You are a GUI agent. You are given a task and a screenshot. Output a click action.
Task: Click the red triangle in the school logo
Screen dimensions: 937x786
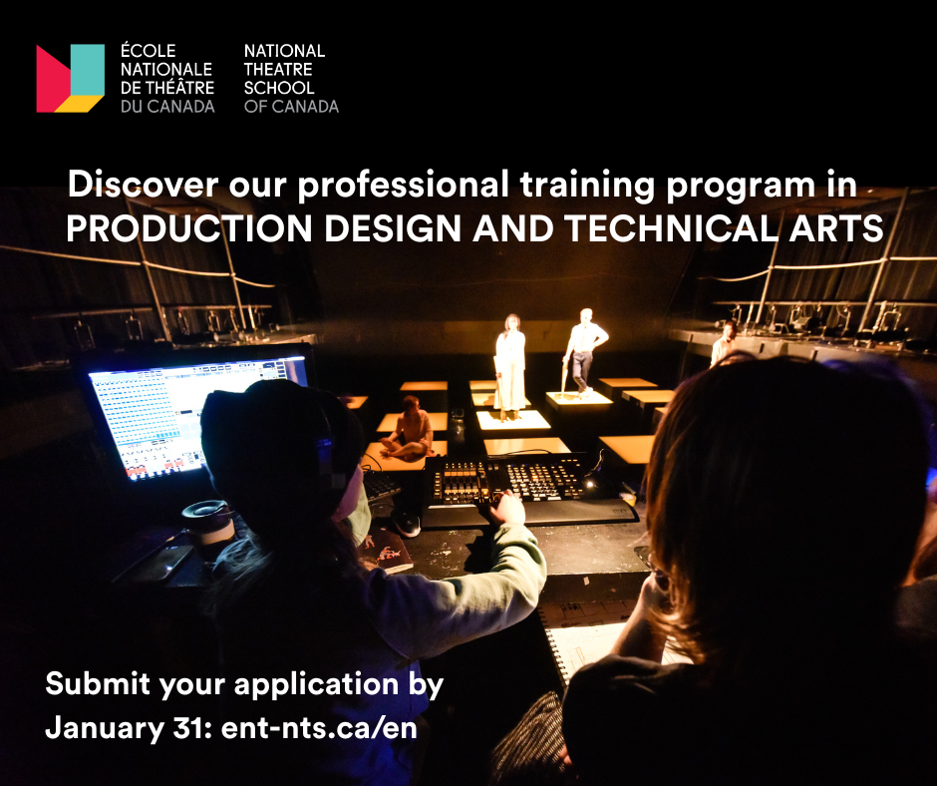(x=51, y=79)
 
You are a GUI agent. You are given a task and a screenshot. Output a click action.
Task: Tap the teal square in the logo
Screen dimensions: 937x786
(x=88, y=70)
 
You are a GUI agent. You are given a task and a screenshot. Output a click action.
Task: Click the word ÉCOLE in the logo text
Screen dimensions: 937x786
(x=149, y=50)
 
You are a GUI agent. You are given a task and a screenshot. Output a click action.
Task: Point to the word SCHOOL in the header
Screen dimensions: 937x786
(x=279, y=88)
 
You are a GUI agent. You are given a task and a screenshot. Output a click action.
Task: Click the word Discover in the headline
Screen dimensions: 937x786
(x=143, y=184)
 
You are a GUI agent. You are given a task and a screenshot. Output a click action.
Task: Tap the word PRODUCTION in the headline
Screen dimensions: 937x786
(x=188, y=227)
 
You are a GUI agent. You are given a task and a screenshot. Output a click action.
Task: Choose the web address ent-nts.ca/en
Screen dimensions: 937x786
(x=319, y=728)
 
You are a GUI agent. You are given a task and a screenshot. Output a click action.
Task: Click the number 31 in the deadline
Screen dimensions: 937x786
(x=193, y=728)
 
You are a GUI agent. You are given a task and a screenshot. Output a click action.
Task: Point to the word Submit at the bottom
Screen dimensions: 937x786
(x=98, y=683)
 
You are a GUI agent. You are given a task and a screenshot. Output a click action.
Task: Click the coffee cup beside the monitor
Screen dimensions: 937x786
(x=207, y=528)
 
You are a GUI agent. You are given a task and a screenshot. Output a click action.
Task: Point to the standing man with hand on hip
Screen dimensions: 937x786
(x=582, y=351)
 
